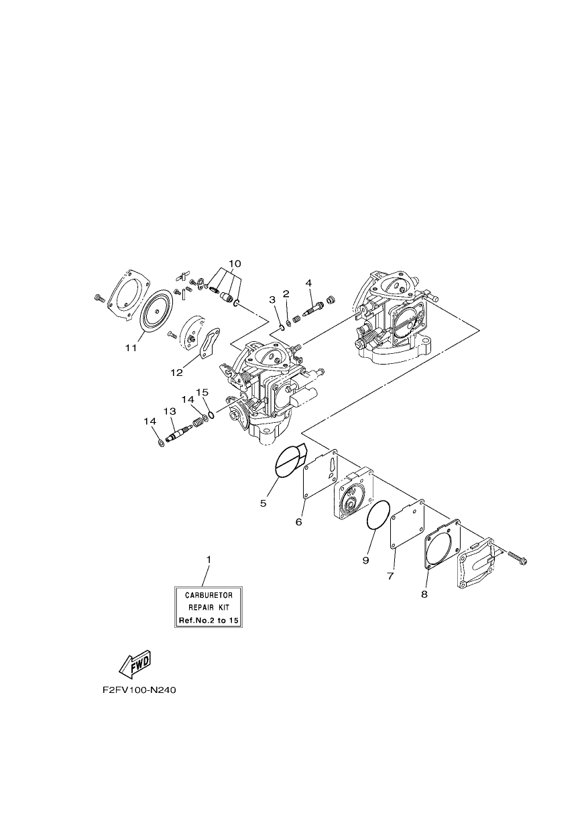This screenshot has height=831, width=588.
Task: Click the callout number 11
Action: tap(131, 348)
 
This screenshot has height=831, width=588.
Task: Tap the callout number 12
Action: tap(177, 373)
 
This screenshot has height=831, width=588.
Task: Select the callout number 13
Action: tap(170, 411)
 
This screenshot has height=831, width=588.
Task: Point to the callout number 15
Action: tap(202, 392)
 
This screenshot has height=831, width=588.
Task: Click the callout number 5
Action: tap(263, 503)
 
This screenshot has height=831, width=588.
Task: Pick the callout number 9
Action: tap(365, 560)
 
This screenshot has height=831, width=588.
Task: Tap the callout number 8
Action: tap(424, 594)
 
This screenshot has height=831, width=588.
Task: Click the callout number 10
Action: tap(235, 263)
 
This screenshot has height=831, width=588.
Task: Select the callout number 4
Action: tap(308, 283)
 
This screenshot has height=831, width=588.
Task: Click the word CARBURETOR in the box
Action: tap(209, 595)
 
